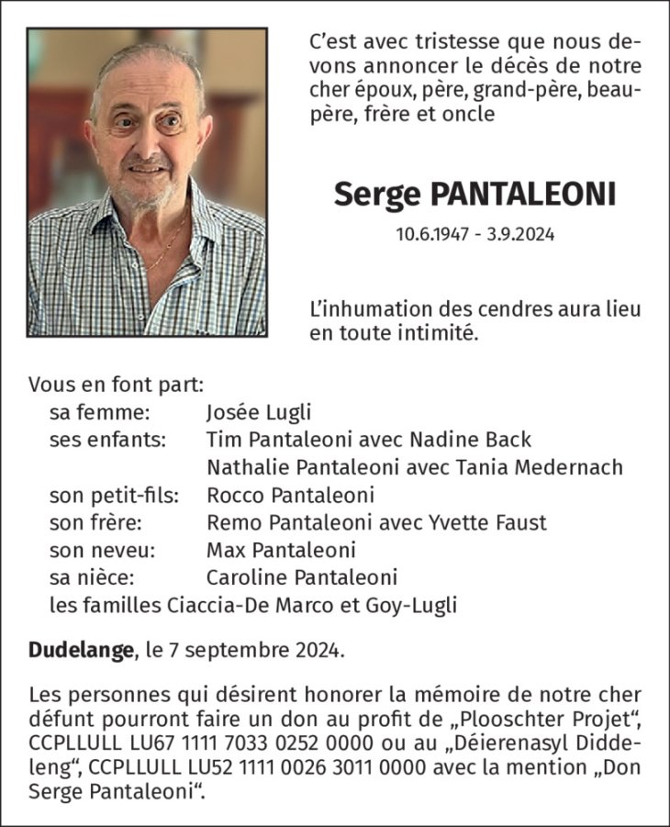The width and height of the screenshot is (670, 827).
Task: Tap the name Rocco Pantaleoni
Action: click(290, 496)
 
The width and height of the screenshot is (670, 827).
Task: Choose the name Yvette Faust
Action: click(486, 523)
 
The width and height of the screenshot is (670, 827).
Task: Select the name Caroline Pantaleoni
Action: click(302, 578)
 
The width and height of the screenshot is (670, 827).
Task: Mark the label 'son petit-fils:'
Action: click(114, 496)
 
